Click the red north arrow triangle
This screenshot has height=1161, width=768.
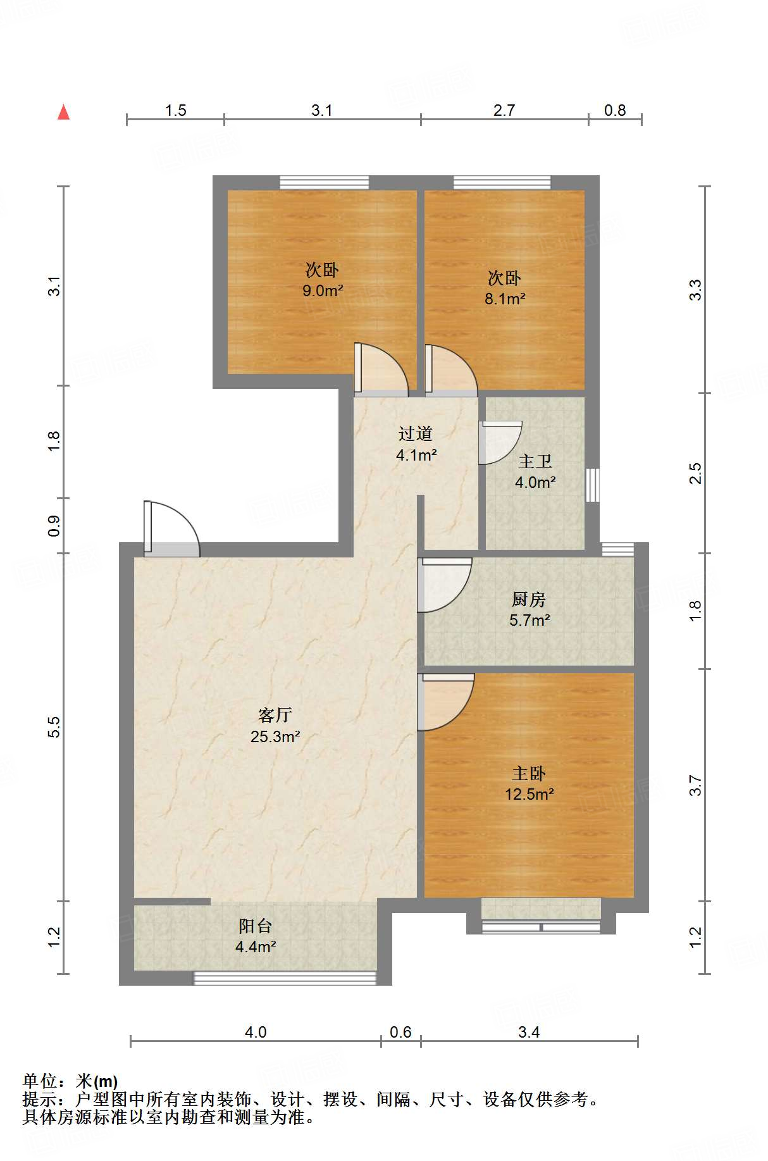(63, 113)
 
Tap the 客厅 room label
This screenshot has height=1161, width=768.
(275, 715)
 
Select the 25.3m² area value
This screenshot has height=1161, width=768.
(275, 736)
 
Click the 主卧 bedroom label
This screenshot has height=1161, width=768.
(528, 773)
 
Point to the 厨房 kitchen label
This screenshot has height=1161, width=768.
(528, 599)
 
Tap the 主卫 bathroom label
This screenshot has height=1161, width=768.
(535, 462)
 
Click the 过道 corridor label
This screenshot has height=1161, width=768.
(416, 433)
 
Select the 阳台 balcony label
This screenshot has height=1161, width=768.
(255, 926)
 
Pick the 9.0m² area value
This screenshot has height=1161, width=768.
(323, 291)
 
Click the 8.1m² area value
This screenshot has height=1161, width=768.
(504, 299)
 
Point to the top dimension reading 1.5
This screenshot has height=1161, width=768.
(175, 111)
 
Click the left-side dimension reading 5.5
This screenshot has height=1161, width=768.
(54, 726)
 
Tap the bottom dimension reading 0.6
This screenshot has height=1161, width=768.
(400, 1033)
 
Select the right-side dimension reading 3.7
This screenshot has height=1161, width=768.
(695, 785)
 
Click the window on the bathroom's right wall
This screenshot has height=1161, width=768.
(592, 485)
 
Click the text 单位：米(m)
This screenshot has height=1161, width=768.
(70, 1081)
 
